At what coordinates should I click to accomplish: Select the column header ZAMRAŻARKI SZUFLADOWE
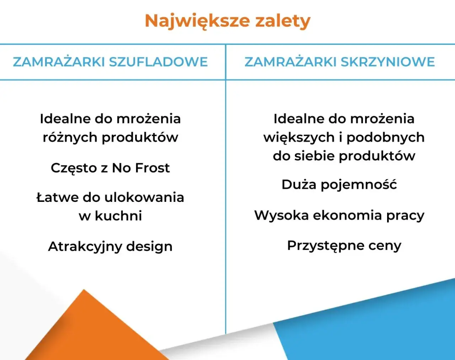(110, 62)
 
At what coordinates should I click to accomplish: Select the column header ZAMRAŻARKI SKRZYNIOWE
(339, 62)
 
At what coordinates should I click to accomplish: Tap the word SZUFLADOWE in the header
(158, 62)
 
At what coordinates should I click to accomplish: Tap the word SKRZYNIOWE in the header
(387, 62)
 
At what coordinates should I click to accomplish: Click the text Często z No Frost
(110, 168)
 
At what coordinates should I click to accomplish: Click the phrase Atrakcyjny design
(110, 246)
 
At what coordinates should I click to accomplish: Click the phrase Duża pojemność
(339, 184)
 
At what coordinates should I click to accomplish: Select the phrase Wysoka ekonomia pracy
(339, 215)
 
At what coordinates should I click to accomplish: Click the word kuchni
(118, 216)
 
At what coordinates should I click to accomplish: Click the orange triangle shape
(89, 331)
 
